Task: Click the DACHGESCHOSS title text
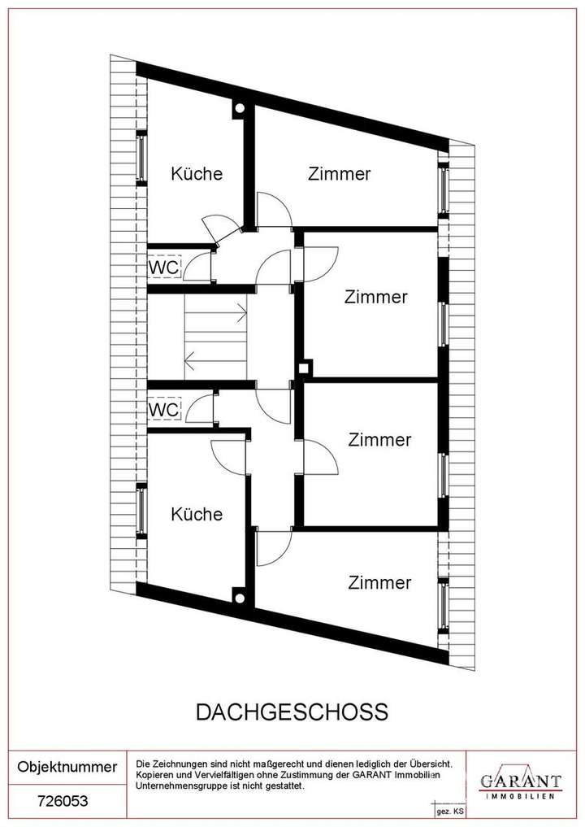pyautogui.click(x=292, y=712)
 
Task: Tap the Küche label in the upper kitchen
pyautogui.click(x=196, y=173)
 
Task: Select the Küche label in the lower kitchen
pyautogui.click(x=196, y=514)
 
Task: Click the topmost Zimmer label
pyautogui.click(x=339, y=173)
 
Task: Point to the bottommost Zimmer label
pyautogui.click(x=379, y=582)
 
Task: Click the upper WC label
pyautogui.click(x=162, y=267)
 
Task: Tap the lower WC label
pyautogui.click(x=162, y=410)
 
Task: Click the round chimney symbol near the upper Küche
pyautogui.click(x=239, y=109)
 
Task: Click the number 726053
pyautogui.click(x=63, y=801)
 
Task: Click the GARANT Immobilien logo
pyautogui.click(x=521, y=784)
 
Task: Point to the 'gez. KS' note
pyautogui.click(x=449, y=812)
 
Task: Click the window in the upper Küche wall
pyautogui.click(x=142, y=159)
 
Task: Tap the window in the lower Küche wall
pyautogui.click(x=142, y=513)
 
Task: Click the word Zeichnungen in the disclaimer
pyautogui.click(x=183, y=764)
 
